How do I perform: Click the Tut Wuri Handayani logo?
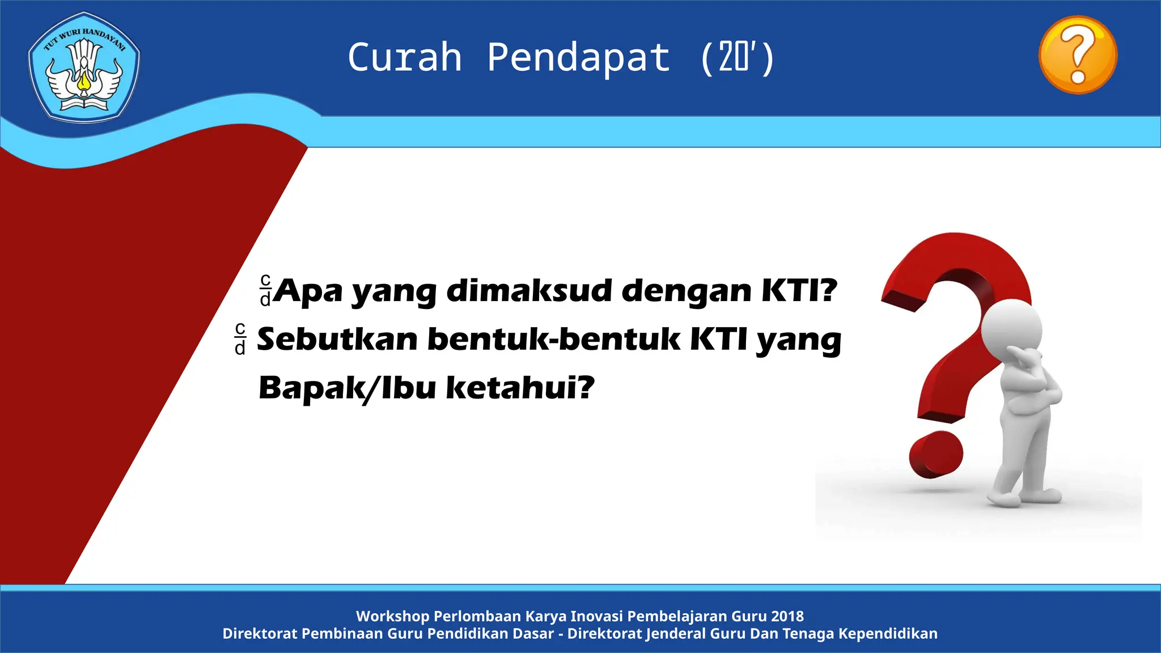tap(84, 67)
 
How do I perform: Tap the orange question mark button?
tap(1078, 55)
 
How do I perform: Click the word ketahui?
tap(520, 388)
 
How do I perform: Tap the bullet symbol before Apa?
tap(265, 290)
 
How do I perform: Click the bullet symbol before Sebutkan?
tap(240, 339)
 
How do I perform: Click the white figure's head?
tap(1011, 329)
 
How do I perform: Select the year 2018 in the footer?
tap(787, 616)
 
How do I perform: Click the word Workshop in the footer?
tap(392, 616)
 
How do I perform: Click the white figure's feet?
tap(1020, 498)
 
